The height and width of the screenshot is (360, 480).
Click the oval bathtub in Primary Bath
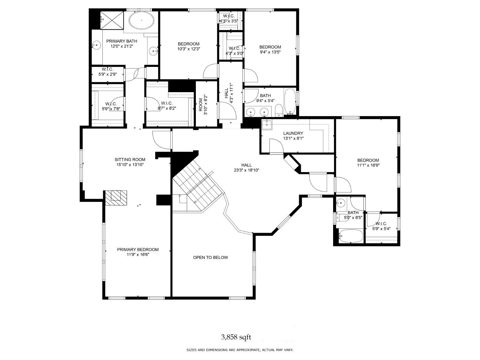(141, 21)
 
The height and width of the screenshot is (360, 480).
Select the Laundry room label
(293, 133)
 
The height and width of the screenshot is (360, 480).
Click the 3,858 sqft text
(236, 337)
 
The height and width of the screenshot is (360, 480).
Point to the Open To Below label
(211, 257)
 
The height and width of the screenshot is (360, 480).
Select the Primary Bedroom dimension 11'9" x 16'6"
(138, 255)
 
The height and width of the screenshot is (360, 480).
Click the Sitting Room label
(130, 159)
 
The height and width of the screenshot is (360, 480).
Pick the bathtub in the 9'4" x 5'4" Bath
(290, 101)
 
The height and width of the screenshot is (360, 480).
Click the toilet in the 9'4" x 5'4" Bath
(278, 110)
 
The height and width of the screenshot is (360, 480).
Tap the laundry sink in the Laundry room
(266, 124)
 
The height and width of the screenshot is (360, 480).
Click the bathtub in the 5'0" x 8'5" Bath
(351, 236)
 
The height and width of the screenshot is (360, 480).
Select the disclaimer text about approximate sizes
(240, 350)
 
